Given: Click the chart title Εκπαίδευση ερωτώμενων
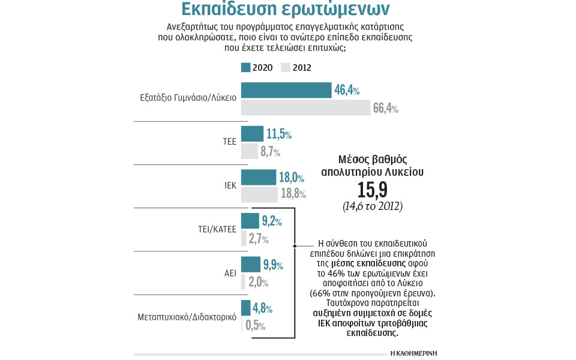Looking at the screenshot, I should coord(286,10).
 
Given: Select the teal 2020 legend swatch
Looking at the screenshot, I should coord(245,67).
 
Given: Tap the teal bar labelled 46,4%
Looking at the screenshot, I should coord(286,90).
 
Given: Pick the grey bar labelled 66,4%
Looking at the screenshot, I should coord(305,107).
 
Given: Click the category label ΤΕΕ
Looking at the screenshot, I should coord(229,142).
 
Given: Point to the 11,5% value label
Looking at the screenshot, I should coord(279,134).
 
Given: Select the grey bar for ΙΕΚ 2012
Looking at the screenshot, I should coord(259,194).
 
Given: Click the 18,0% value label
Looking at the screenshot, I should coord(292,177).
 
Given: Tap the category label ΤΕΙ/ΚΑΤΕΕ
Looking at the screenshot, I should coord(216,229).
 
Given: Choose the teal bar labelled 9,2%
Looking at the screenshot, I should coord(250,221).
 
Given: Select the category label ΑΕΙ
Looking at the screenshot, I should coord(230,272).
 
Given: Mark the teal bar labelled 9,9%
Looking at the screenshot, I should coord(251,264).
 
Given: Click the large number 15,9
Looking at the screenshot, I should coord(372,191).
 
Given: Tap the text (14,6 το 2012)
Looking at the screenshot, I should coord(372,206).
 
